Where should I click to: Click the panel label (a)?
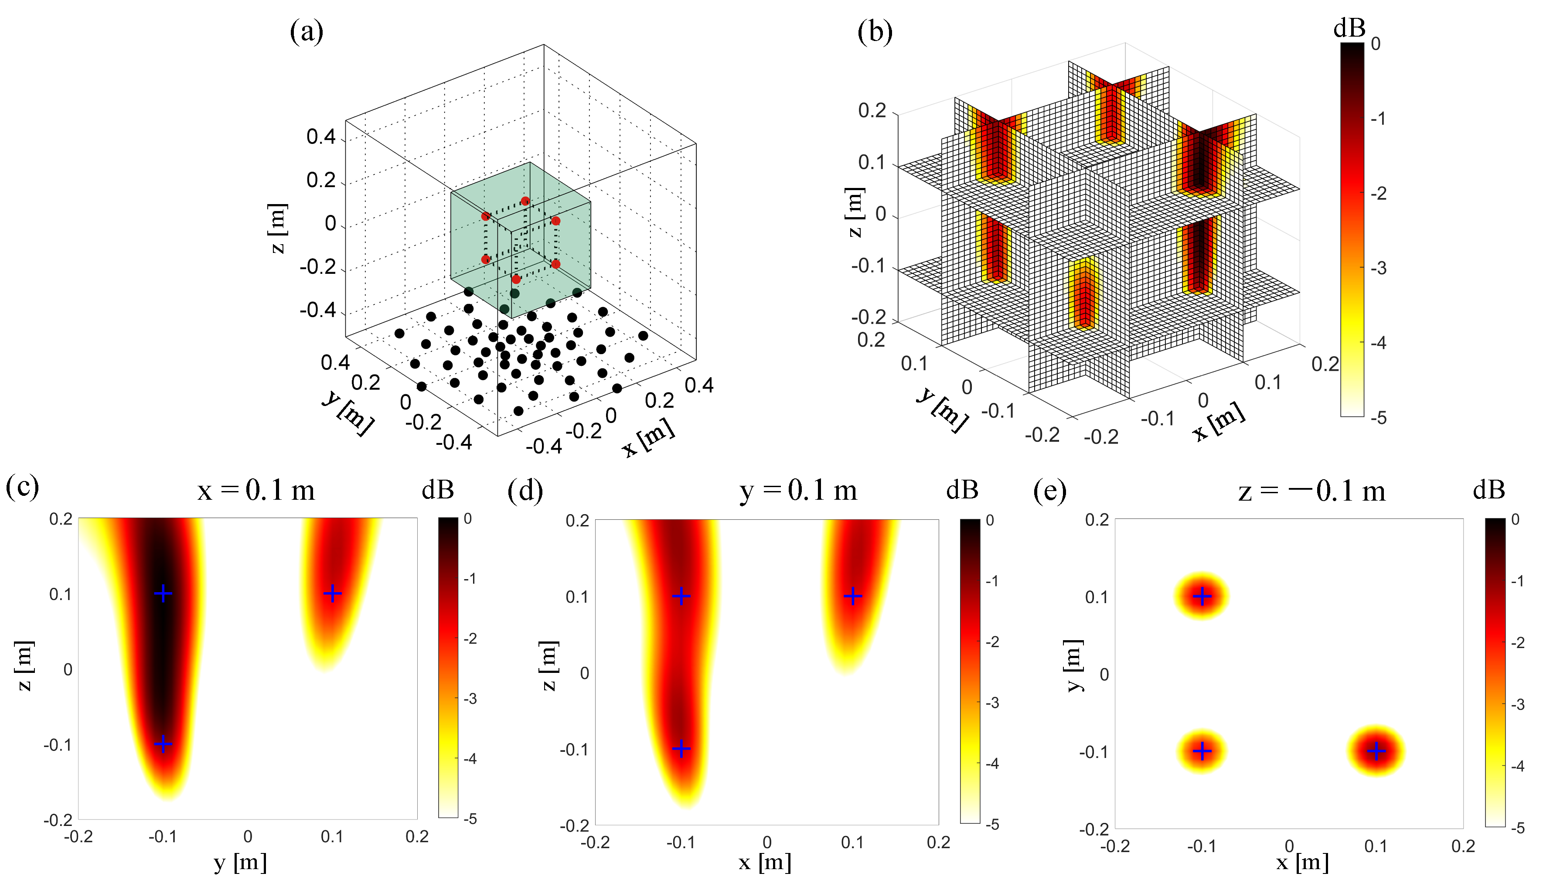tap(306, 32)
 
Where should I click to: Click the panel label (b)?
tap(875, 32)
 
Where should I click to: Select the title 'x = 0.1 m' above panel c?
tap(256, 491)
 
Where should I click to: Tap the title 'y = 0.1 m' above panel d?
tap(798, 491)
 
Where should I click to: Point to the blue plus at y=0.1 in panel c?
tap(332, 593)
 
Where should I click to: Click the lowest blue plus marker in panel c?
tap(163, 744)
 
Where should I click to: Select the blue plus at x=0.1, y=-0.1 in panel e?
tap(1376, 751)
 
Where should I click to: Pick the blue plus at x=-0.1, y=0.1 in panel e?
tap(1202, 597)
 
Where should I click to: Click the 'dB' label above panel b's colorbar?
tap(1349, 28)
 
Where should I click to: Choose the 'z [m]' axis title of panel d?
tap(548, 665)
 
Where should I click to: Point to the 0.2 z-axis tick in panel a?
tap(321, 181)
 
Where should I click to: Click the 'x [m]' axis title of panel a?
tap(648, 437)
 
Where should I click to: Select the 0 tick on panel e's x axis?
tap(1289, 846)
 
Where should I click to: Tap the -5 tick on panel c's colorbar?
tap(470, 819)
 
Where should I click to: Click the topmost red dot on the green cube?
tap(525, 201)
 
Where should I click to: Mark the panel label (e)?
tap(1050, 491)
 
